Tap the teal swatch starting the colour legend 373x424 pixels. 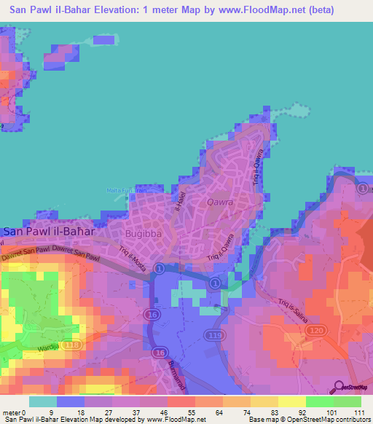point(42,401)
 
